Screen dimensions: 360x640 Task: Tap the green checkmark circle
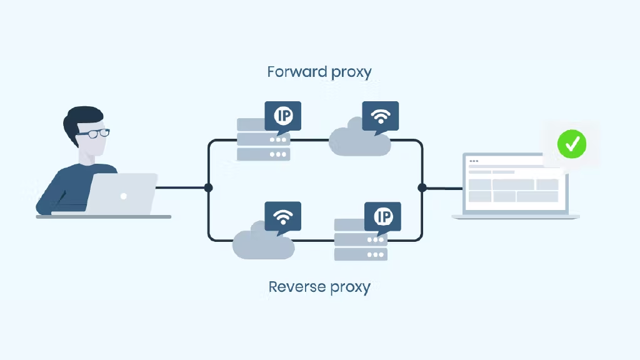(572, 144)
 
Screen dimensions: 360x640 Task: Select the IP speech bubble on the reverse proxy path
(382, 216)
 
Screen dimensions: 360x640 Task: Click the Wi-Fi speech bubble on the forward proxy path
(380, 116)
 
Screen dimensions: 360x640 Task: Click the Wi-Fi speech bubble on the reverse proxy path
(283, 216)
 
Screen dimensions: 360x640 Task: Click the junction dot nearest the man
(208, 187)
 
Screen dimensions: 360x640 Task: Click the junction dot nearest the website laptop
(422, 187)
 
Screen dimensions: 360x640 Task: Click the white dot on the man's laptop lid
(124, 196)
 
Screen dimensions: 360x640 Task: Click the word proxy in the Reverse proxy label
(347, 287)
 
